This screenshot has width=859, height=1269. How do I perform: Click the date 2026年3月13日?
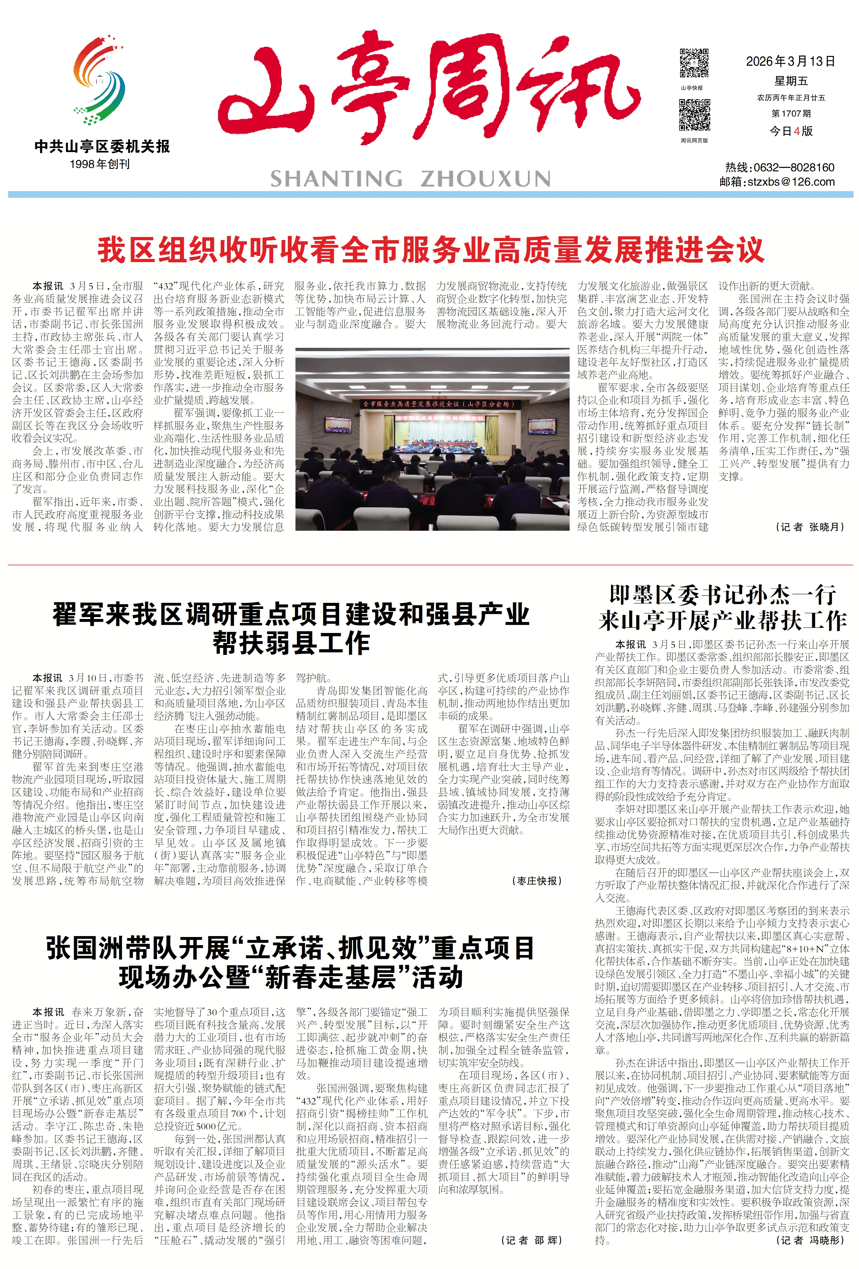(790, 61)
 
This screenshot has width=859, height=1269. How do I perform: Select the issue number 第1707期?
(791, 114)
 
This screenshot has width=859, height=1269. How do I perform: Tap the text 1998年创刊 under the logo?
(100, 164)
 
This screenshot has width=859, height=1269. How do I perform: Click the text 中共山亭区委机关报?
(102, 146)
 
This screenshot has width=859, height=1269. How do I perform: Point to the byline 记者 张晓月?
(810, 527)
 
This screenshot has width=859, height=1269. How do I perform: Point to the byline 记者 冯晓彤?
(810, 1240)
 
